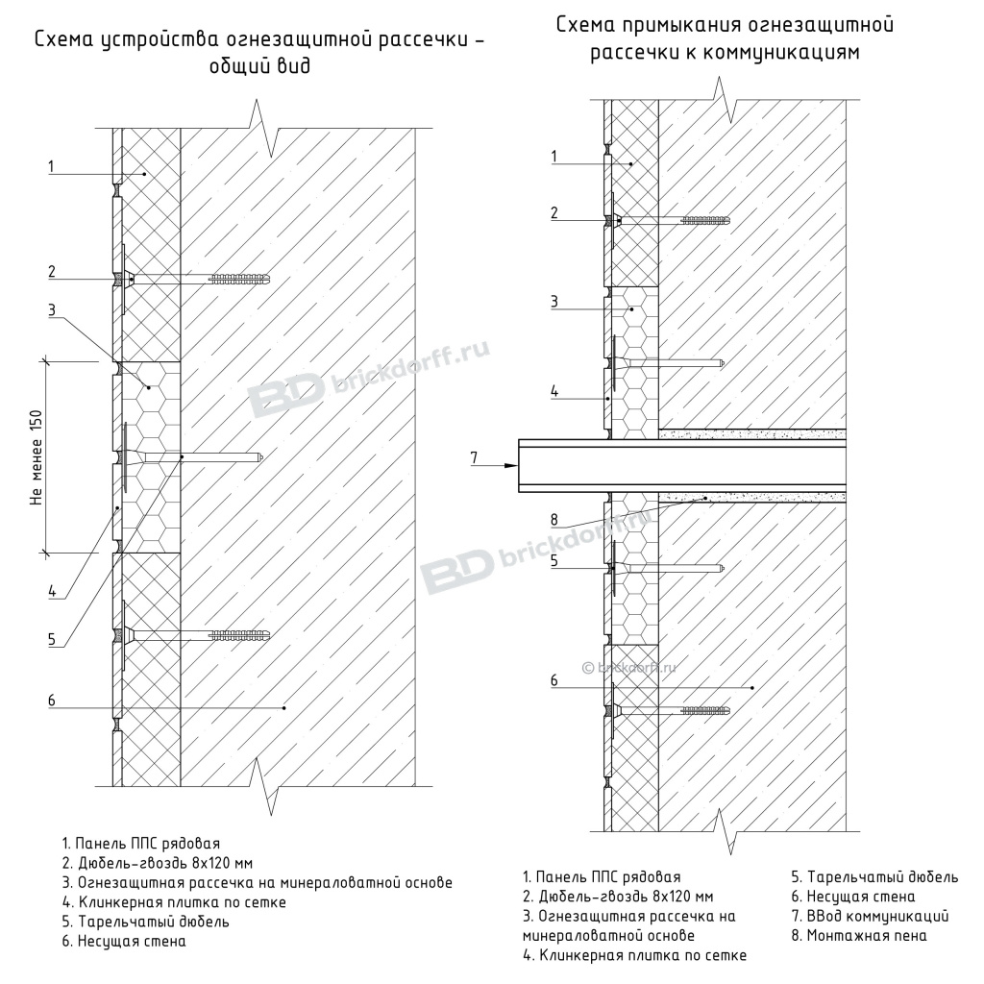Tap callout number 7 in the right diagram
(474, 456)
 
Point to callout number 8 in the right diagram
(553, 520)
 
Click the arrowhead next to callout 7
(508, 465)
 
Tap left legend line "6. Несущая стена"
(124, 941)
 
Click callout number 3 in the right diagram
(554, 301)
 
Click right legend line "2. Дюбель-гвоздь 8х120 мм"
(618, 897)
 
